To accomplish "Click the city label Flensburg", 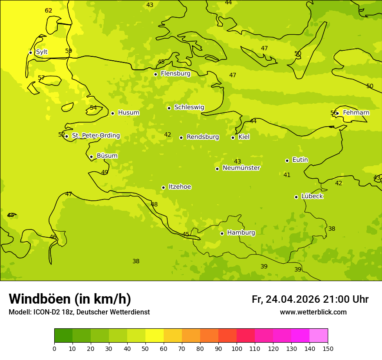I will pos(175,74).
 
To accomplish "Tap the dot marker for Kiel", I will pos(233,137).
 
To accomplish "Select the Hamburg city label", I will pos(241,233).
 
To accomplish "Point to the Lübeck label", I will pos(312,196).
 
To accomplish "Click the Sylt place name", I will pos(42,52).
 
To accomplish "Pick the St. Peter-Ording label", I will pos(95,136).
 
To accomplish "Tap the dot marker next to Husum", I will pos(112,113).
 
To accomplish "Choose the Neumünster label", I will pos(241,168).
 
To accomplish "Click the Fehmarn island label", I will pos(356,113).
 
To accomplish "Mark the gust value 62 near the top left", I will pos(49,11).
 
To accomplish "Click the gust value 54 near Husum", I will pos(93,108).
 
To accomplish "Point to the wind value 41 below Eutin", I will pos(287,175).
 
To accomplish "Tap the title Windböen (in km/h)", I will pos(70,299).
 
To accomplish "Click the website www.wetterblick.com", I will pos(313,312).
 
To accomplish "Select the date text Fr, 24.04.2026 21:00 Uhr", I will pos(310,299).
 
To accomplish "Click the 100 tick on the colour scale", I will pos(237,348).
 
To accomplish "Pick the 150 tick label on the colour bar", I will pos(328,348).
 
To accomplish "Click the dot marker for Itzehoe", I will pos(163,187).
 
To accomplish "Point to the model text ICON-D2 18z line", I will pos(79,312).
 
